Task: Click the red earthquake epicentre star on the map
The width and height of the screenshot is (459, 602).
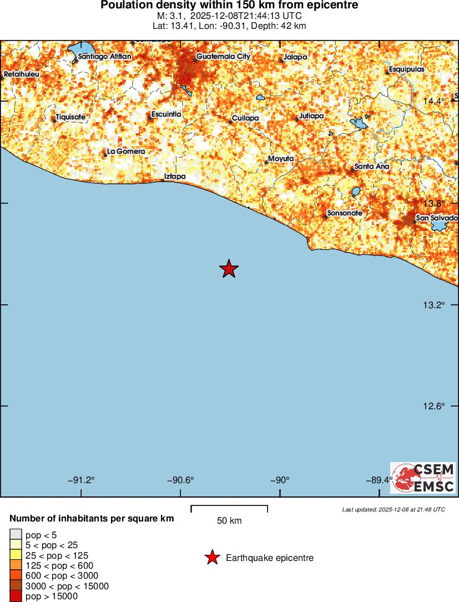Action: [x=229, y=269]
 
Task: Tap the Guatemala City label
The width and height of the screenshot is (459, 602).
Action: [x=223, y=57]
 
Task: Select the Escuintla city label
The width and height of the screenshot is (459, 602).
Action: [x=166, y=114]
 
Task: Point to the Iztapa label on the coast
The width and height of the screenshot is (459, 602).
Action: [x=175, y=177]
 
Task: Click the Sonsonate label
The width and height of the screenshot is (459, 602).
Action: [x=345, y=213]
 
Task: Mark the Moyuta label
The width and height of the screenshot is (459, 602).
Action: [x=280, y=159]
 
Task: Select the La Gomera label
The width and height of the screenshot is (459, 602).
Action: [x=125, y=152]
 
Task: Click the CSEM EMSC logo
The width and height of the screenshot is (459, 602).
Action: [x=422, y=478]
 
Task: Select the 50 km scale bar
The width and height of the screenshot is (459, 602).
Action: [x=229, y=509]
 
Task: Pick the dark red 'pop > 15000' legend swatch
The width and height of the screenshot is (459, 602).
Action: [x=16, y=596]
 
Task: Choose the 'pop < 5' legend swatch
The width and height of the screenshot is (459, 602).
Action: [x=16, y=535]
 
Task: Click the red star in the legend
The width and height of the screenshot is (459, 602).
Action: [x=211, y=558]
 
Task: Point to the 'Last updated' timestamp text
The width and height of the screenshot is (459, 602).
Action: [x=394, y=509]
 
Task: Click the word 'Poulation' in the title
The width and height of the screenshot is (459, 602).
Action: [x=124, y=6]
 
